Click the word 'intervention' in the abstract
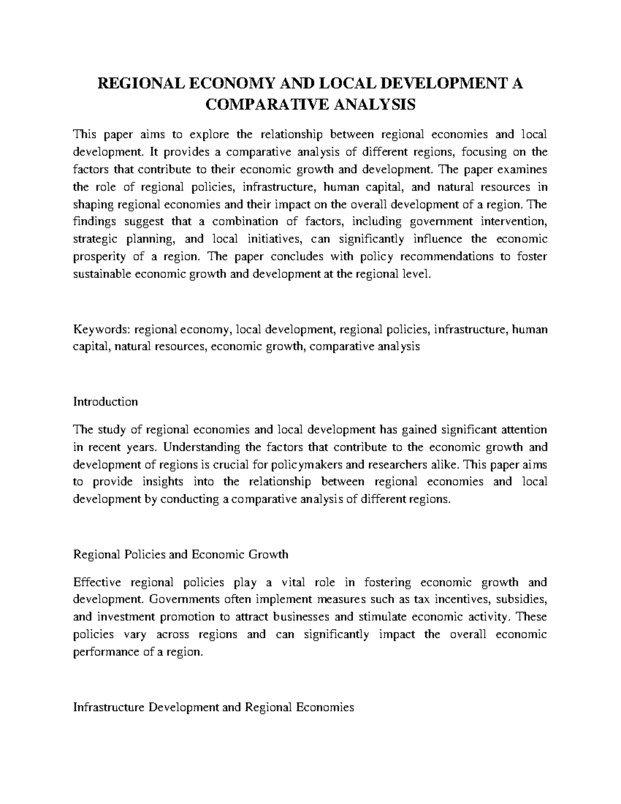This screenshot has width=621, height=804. [515, 222]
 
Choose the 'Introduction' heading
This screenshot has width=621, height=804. [106, 402]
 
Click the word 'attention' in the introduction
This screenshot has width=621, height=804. [523, 429]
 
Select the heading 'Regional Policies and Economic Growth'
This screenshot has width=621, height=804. [181, 554]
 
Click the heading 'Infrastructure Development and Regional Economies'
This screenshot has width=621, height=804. [214, 707]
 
